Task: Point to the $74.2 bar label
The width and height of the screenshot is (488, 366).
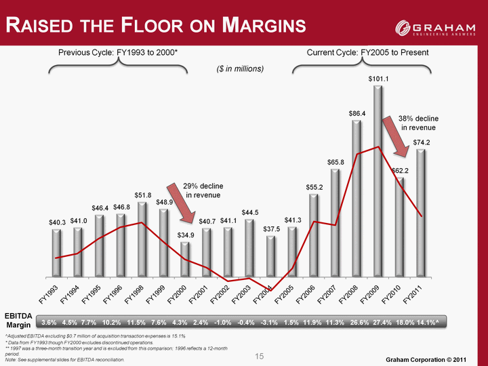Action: point(422,142)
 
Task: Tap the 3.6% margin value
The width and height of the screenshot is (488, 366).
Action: point(49,323)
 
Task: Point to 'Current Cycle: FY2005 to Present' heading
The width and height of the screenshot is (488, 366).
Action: point(368,52)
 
